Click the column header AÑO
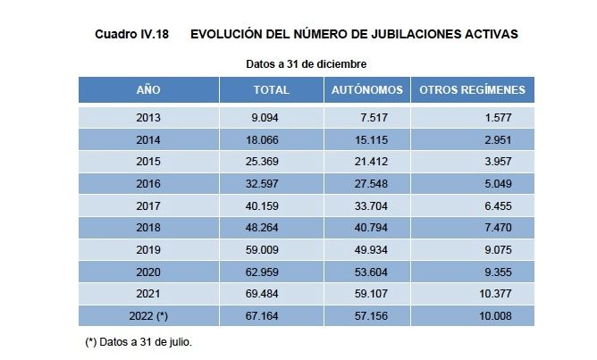click(x=148, y=90)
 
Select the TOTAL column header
click(x=271, y=90)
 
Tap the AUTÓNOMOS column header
click(x=367, y=90)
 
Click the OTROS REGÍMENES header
click(x=472, y=90)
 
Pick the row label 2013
click(x=148, y=118)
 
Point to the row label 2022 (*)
click(x=148, y=316)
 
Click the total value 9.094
click(x=271, y=118)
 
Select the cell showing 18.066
click(x=271, y=140)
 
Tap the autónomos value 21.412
click(x=367, y=162)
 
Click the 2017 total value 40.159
click(x=271, y=206)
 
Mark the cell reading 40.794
click(x=367, y=228)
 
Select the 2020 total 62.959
click(x=271, y=272)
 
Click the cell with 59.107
click(x=367, y=294)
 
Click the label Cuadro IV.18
click(x=131, y=34)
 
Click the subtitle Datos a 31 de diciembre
click(x=306, y=64)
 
